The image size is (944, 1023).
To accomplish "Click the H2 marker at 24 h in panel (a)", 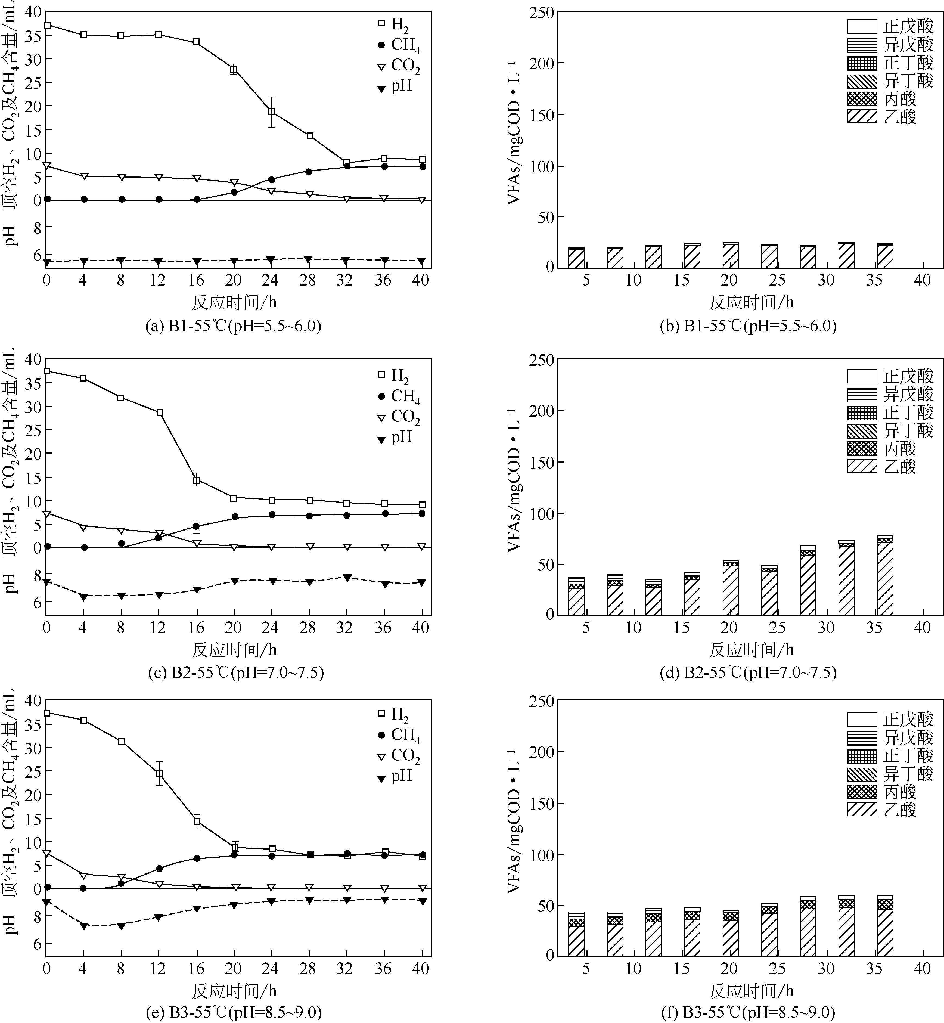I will pyautogui.click(x=271, y=111).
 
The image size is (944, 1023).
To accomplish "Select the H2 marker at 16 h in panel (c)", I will pyautogui.click(x=196, y=480).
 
